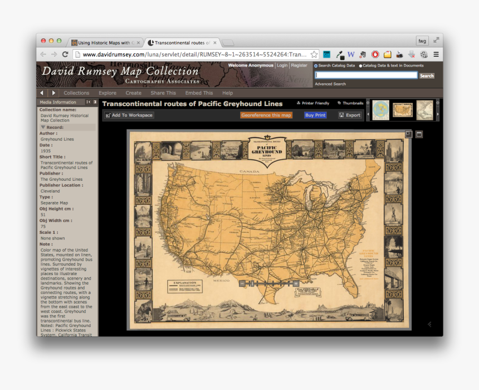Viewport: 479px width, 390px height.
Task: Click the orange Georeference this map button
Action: point(266,115)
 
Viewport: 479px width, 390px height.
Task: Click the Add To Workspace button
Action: point(129,115)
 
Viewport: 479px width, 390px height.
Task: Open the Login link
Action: point(282,65)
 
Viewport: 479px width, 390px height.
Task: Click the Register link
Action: point(299,65)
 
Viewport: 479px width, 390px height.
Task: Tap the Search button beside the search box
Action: point(427,75)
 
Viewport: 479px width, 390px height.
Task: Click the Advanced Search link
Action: point(330,84)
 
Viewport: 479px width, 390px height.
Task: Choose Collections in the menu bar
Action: point(76,93)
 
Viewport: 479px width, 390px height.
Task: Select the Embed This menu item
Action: point(199,93)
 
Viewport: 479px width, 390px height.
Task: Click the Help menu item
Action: point(227,93)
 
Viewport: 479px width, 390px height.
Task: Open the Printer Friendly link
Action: point(313,103)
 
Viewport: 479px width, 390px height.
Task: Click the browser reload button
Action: point(65,54)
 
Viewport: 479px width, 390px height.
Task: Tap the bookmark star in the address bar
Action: point(314,54)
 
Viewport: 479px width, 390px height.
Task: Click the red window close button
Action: point(43,41)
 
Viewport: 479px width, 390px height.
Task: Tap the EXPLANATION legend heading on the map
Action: point(185,283)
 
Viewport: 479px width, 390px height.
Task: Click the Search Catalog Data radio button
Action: point(316,66)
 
